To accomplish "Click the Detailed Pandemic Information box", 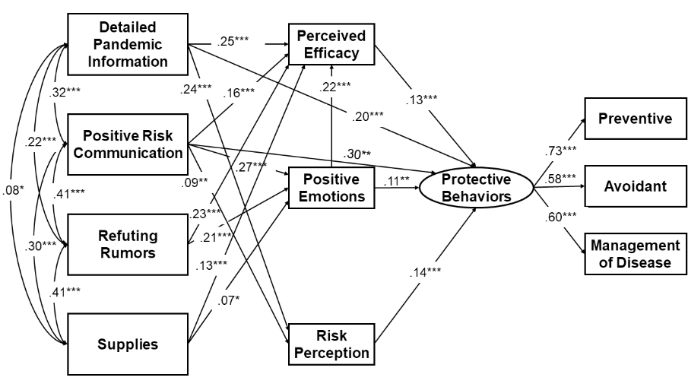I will [127, 47].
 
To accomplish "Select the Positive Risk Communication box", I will [127, 144].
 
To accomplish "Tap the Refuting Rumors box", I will [127, 243].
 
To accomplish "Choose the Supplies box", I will [127, 344].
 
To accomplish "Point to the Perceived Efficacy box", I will [331, 44].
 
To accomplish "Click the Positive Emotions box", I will [331, 188].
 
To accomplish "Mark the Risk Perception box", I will [331, 343].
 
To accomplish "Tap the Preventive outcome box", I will [635, 119].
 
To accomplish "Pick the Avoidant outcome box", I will [635, 186].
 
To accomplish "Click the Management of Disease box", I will [635, 254].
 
